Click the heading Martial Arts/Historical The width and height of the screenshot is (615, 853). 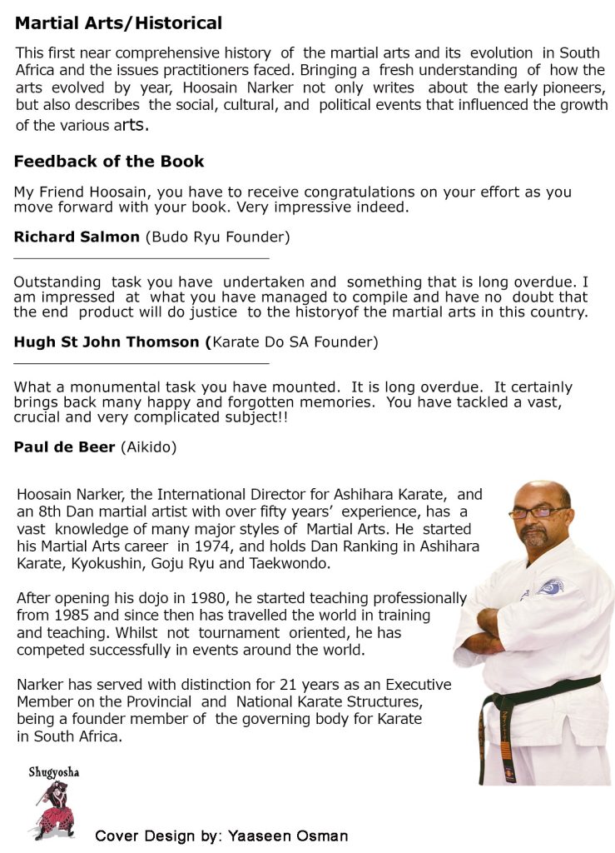pyautogui.click(x=118, y=23)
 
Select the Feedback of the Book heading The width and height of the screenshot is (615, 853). pyautogui.click(x=109, y=162)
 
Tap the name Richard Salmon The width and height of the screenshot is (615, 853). pyautogui.click(x=77, y=237)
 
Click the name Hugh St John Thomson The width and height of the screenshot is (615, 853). pyautogui.click(x=108, y=342)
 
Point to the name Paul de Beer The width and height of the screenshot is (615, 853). pyautogui.click(x=65, y=447)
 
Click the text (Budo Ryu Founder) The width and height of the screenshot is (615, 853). pyautogui.click(x=218, y=237)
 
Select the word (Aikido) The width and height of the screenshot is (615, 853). pyautogui.click(x=149, y=447)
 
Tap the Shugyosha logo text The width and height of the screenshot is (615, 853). pyautogui.click(x=54, y=772)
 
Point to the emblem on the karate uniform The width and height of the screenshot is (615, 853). pyautogui.click(x=551, y=587)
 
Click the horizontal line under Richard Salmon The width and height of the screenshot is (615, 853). pyautogui.click(x=141, y=258)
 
